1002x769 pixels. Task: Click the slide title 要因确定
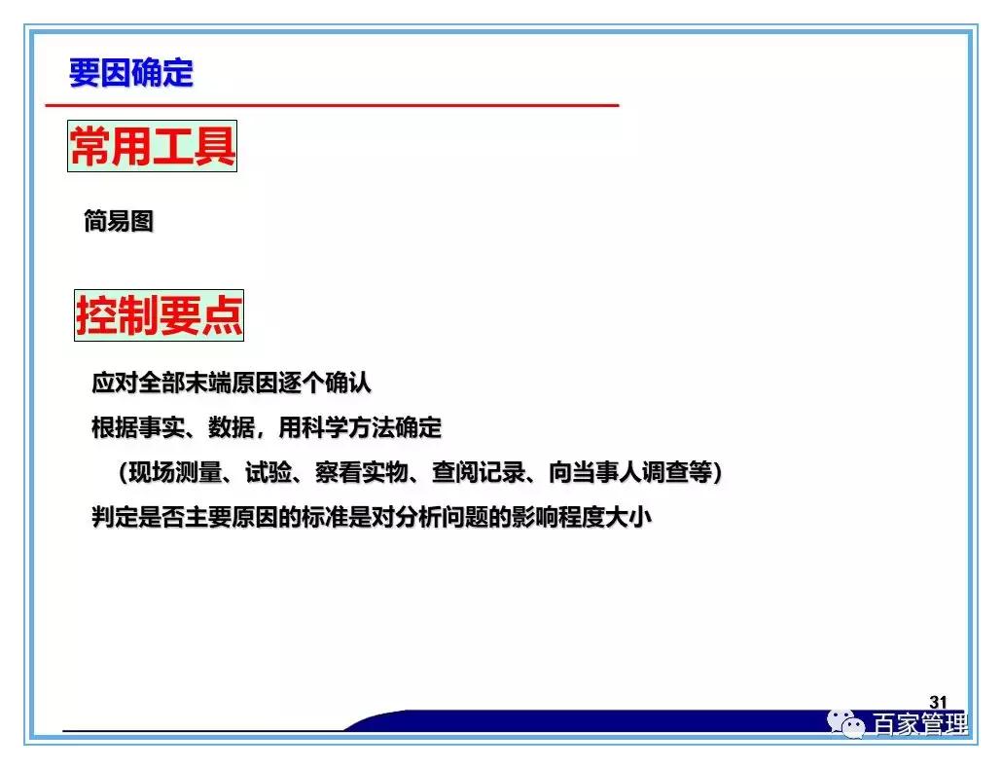coord(130,73)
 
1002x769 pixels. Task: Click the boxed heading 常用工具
coord(152,147)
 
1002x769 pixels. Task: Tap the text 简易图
coord(118,222)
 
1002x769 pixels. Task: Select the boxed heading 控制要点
coord(159,315)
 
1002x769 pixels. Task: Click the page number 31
coord(938,702)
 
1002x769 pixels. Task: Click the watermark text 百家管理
coord(919,725)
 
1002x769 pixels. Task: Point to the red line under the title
coord(331,104)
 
